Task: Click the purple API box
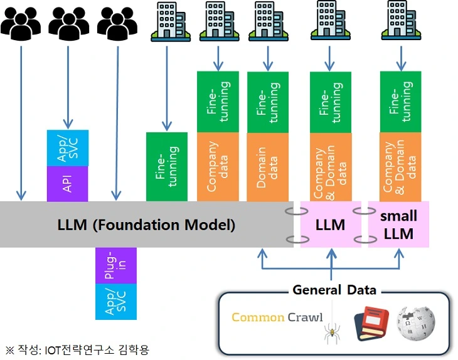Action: (68, 184)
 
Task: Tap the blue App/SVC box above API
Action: (68, 148)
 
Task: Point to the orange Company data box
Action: (218, 167)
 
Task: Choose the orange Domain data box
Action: (268, 167)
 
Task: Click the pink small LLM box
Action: (398, 225)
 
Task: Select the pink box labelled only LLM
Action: (331, 225)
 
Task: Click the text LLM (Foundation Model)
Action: (146, 225)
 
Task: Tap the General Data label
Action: (334, 290)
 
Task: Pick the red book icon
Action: (371, 323)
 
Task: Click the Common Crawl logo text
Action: (277, 317)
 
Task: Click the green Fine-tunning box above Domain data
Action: (268, 102)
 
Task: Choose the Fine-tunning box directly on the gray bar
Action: (167, 167)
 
